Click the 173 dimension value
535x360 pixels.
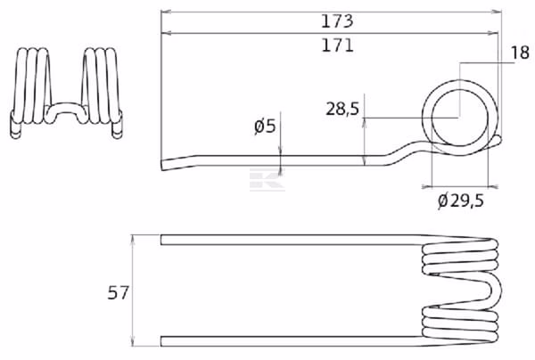[x=337, y=21]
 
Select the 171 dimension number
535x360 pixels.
[x=337, y=45]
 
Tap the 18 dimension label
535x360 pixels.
[x=520, y=53]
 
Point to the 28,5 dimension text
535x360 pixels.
[x=342, y=109]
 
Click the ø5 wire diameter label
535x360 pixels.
[x=265, y=127]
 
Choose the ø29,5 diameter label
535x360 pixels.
[x=461, y=200]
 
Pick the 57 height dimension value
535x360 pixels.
[x=118, y=293]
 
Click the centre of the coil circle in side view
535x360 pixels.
[x=460, y=118]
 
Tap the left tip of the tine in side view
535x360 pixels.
[x=161, y=165]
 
